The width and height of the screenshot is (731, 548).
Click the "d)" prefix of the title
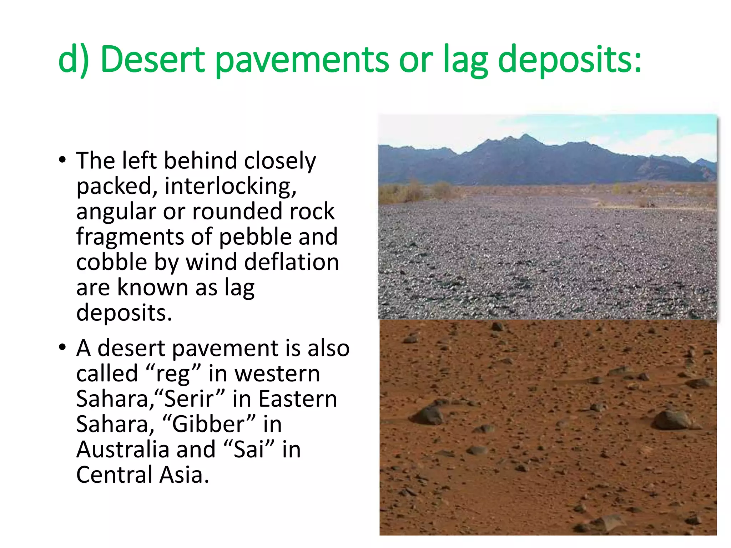tap(73, 60)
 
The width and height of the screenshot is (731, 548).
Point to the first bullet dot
tap(62, 160)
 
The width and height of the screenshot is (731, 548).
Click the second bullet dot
tap(62, 347)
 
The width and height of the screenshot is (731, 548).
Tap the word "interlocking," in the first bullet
tap(230, 186)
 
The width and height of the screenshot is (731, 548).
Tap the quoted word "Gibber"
tap(209, 425)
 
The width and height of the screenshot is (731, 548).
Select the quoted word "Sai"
tap(249, 450)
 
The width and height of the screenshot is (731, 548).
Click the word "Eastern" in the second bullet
tap(298, 399)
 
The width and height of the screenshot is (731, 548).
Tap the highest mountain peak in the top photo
tap(526, 136)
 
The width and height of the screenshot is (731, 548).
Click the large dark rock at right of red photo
tap(671, 420)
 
